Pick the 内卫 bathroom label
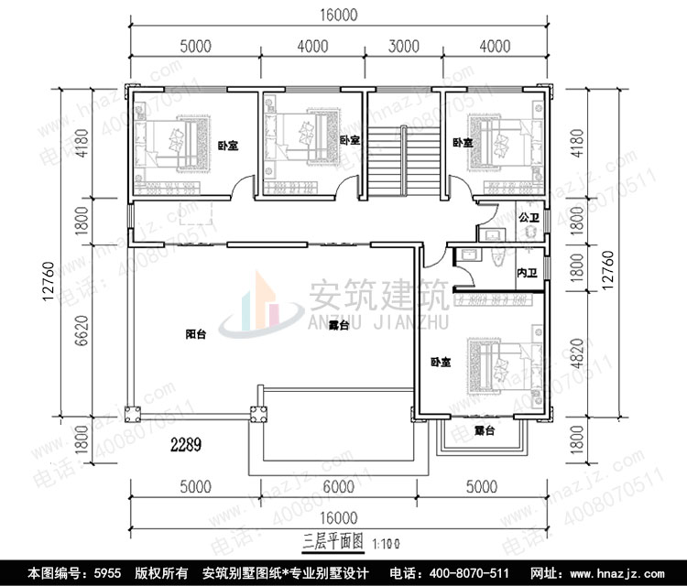(526, 272)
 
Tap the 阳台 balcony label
(194, 335)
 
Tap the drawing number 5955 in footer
(109, 573)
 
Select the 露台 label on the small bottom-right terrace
(484, 429)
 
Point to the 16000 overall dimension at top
(340, 16)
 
